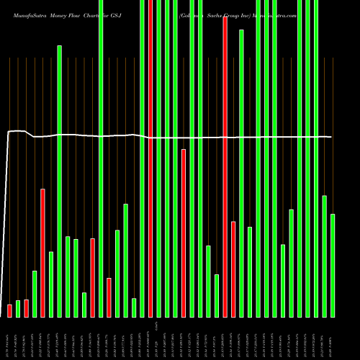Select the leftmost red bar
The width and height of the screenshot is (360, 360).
[x=10, y=310]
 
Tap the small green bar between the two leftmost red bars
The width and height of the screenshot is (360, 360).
[x=18, y=308]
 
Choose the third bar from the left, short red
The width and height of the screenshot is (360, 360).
[x=27, y=308]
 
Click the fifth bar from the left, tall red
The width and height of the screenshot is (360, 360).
[x=43, y=253]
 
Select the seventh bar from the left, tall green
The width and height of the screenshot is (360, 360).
[x=60, y=180]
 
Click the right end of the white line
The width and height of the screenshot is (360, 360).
[x=331, y=137]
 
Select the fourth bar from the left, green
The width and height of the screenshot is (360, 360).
[x=35, y=294]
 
